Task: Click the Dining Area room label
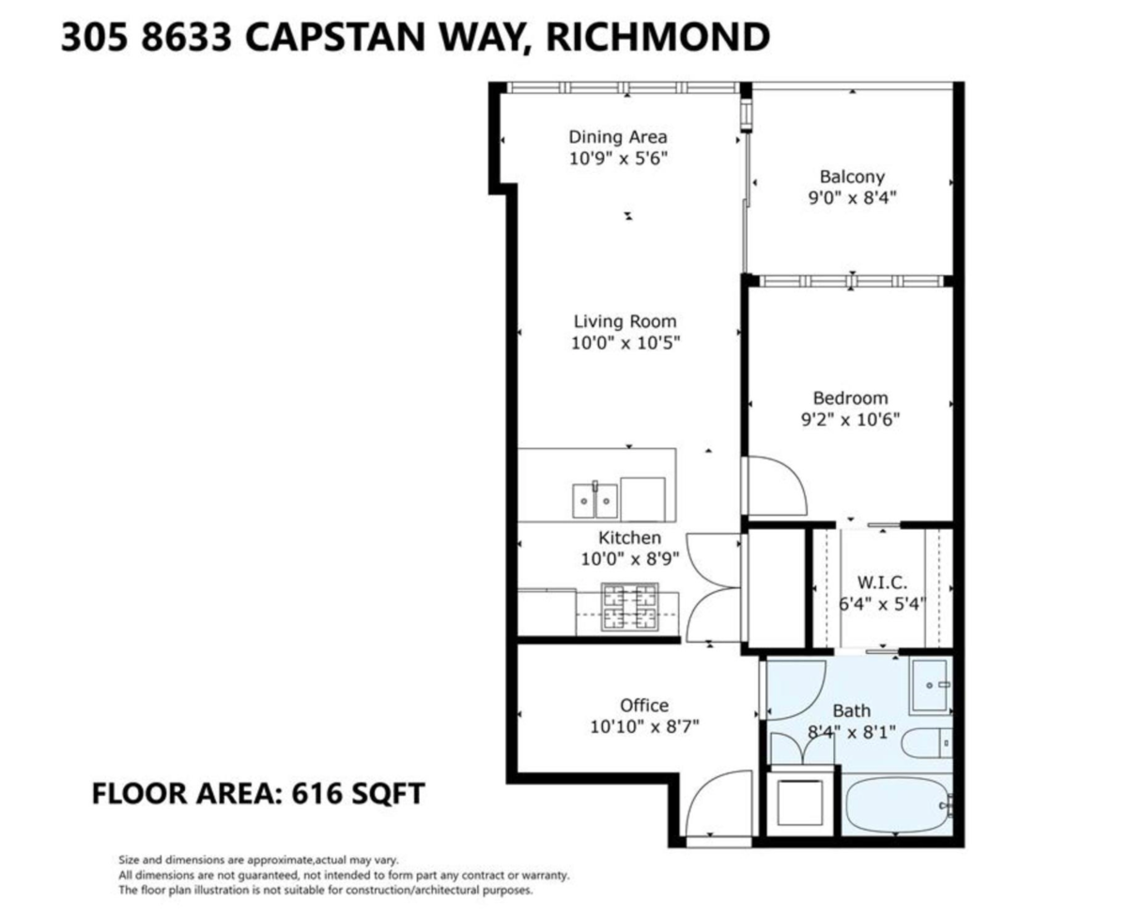[618, 137]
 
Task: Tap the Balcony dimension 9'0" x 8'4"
[852, 198]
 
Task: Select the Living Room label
[625, 321]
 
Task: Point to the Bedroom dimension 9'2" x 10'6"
[850, 420]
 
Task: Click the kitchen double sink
[595, 500]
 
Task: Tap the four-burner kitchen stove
[629, 607]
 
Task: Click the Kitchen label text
[630, 538]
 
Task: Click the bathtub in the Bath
[898, 806]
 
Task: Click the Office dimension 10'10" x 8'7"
[644, 726]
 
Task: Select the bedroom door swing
[774, 485]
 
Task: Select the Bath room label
[852, 711]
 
